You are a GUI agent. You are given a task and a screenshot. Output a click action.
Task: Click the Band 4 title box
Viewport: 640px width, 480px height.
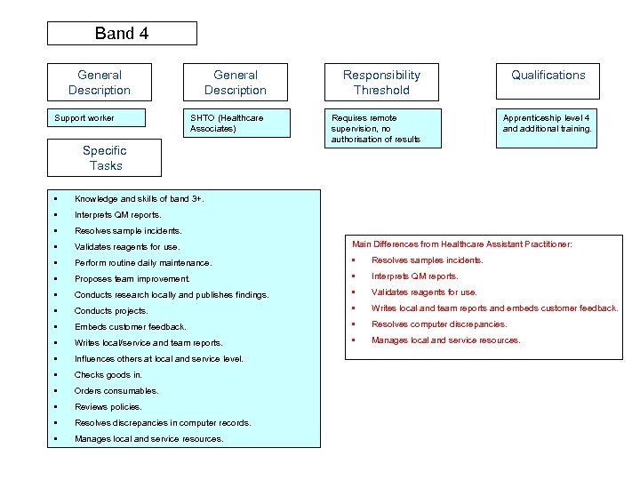122,34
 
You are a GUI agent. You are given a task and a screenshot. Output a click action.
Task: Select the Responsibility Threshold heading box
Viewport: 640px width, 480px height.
381,82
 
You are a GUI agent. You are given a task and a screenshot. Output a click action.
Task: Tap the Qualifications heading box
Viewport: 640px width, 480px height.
548,81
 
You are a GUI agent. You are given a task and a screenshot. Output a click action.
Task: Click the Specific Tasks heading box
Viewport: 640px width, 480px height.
105,158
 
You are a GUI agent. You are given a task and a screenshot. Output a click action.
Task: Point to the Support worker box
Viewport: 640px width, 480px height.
104,123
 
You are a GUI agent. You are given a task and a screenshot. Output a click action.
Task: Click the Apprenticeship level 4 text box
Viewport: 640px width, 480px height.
548,124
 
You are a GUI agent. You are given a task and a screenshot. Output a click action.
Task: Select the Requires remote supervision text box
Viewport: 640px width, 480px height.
381,129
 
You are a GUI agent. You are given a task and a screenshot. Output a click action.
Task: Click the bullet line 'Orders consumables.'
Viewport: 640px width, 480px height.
116,391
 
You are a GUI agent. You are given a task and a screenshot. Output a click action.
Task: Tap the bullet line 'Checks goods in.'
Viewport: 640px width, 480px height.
108,375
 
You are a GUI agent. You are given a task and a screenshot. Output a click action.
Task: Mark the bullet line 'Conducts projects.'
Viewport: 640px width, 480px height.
111,311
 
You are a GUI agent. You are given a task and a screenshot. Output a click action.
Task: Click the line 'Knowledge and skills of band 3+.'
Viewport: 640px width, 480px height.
140,198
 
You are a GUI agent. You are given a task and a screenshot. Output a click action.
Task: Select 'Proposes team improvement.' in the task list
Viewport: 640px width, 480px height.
132,279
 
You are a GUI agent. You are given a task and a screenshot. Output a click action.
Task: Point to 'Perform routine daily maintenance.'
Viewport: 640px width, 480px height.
143,263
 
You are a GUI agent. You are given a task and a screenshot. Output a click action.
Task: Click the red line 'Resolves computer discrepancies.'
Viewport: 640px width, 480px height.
439,324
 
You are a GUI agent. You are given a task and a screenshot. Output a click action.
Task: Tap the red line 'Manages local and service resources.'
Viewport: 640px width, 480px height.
446,340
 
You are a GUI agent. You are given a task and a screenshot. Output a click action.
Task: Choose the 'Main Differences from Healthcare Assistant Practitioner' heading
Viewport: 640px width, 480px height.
462,244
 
